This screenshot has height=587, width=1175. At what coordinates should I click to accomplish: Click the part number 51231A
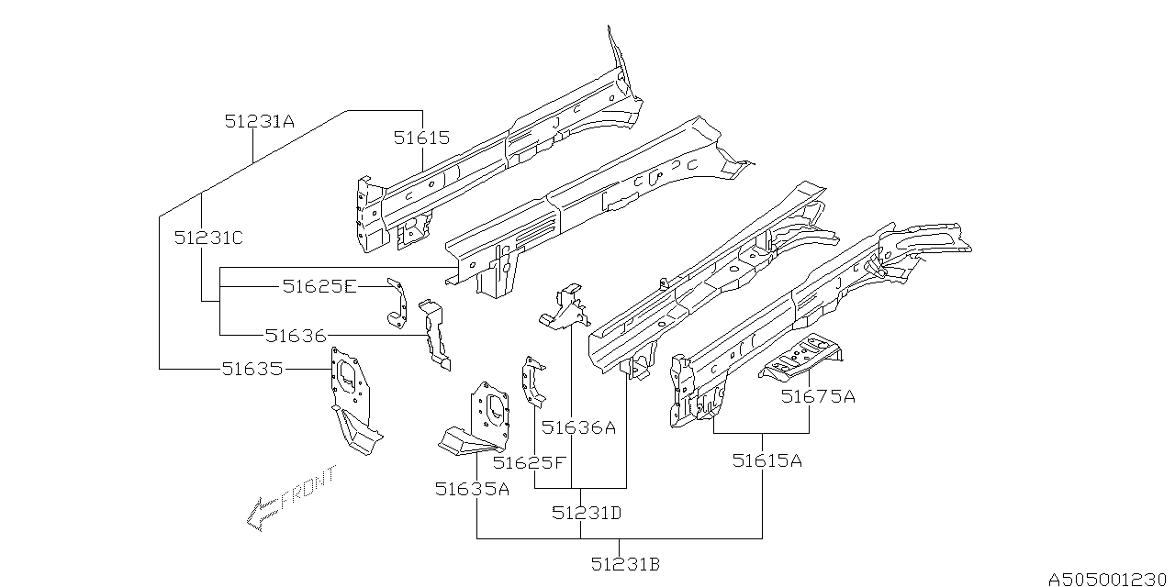pos(260,121)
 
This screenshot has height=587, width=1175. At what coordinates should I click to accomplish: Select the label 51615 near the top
pos(421,138)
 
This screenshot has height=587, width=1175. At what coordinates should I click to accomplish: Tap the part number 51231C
pos(208,238)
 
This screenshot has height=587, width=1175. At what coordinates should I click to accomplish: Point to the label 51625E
pos(319,287)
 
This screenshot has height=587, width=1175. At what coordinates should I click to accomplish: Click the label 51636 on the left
pos(295,336)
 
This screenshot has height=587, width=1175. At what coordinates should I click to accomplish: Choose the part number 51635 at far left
pos(251,369)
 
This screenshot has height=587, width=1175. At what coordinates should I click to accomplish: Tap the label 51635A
pos(472,490)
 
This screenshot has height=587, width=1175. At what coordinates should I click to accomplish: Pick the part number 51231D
pos(587,513)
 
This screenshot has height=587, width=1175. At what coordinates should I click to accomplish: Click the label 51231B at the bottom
pos(625,565)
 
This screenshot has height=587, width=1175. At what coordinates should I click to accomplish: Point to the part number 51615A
pos(767,460)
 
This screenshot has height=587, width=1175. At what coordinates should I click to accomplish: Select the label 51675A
pos(818,396)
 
